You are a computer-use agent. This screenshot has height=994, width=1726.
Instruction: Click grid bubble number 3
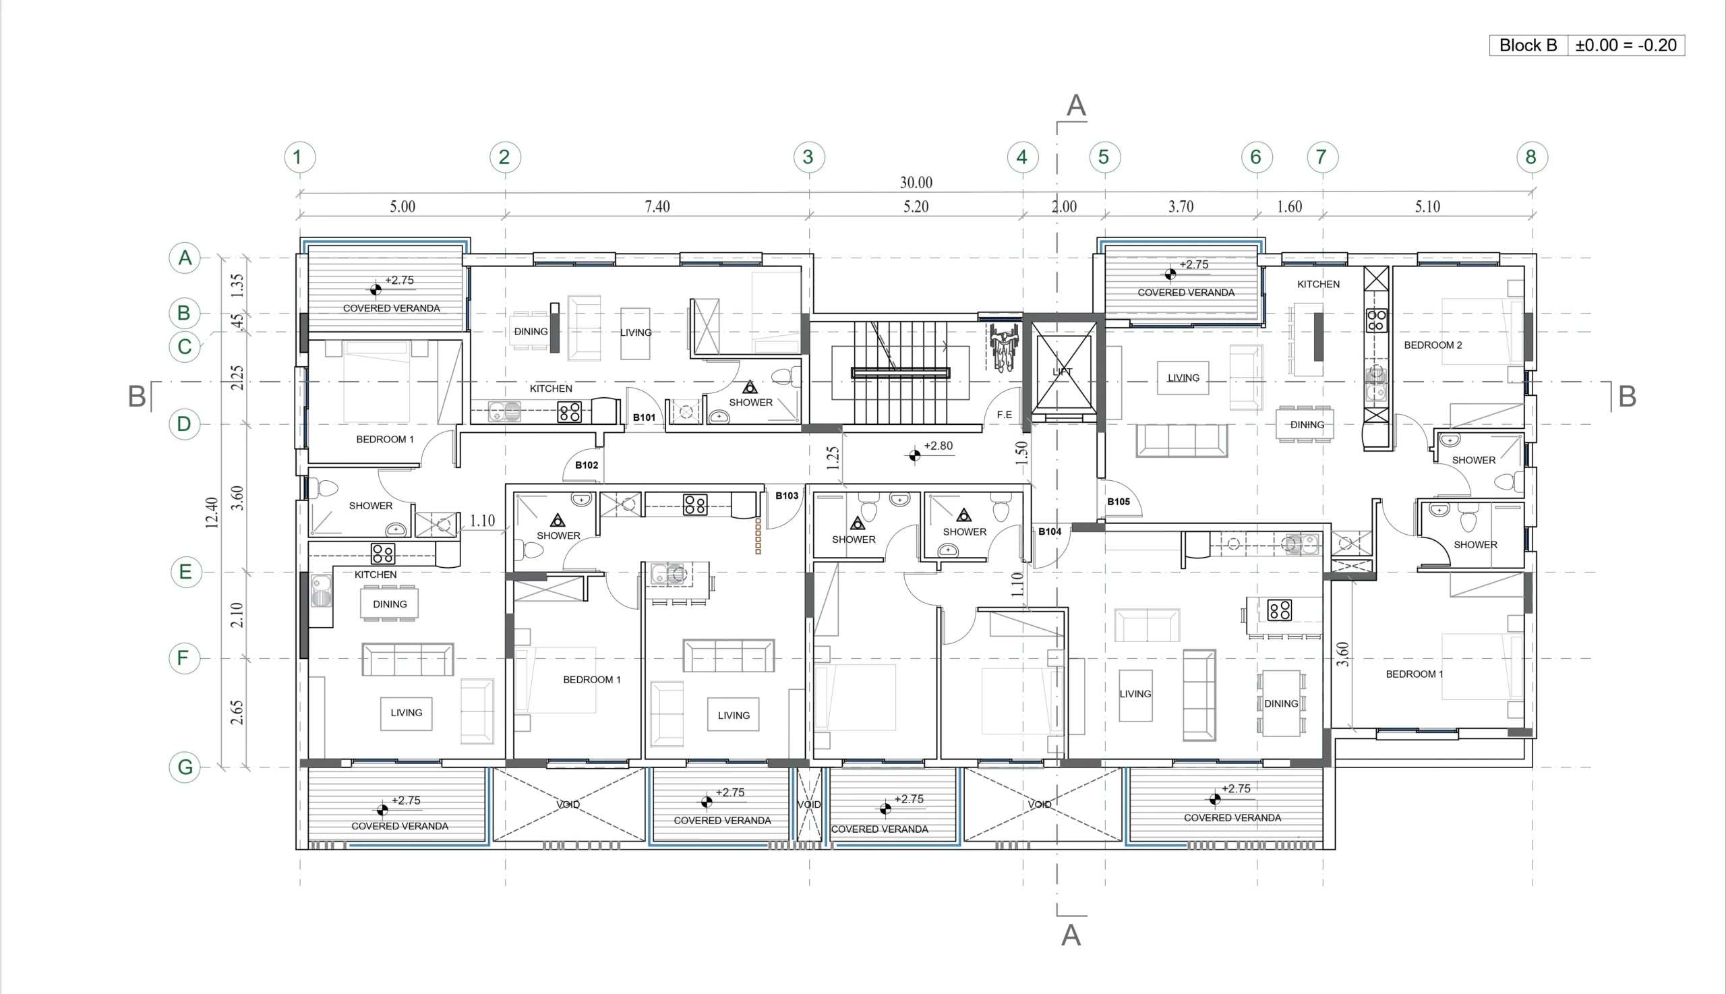point(809,157)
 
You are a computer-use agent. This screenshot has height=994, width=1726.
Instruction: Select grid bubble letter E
point(185,572)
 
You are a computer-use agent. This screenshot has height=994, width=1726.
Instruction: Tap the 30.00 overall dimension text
point(916,182)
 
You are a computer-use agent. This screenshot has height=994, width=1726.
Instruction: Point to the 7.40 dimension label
point(657,206)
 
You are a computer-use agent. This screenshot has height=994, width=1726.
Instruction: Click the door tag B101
point(645,417)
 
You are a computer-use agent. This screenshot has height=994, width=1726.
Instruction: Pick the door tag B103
point(787,496)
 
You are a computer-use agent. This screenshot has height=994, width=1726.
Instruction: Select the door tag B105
point(1119,501)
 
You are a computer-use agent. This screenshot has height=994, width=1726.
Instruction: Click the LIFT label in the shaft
point(1063,372)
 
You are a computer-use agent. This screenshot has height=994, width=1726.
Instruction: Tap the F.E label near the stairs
point(1005,415)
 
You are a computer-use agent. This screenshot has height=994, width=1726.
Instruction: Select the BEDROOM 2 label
point(1433,345)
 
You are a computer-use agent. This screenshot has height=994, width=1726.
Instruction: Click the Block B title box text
point(1528,45)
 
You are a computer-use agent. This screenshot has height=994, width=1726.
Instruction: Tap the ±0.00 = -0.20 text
point(1626,45)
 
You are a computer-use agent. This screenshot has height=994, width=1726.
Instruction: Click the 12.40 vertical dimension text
point(212,513)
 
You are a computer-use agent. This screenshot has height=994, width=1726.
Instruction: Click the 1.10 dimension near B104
point(1017,585)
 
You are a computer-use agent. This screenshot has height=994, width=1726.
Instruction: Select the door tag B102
point(587,465)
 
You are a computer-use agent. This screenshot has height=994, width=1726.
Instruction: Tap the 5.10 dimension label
point(1427,206)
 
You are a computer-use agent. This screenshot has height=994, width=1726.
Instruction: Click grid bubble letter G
point(185,767)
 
